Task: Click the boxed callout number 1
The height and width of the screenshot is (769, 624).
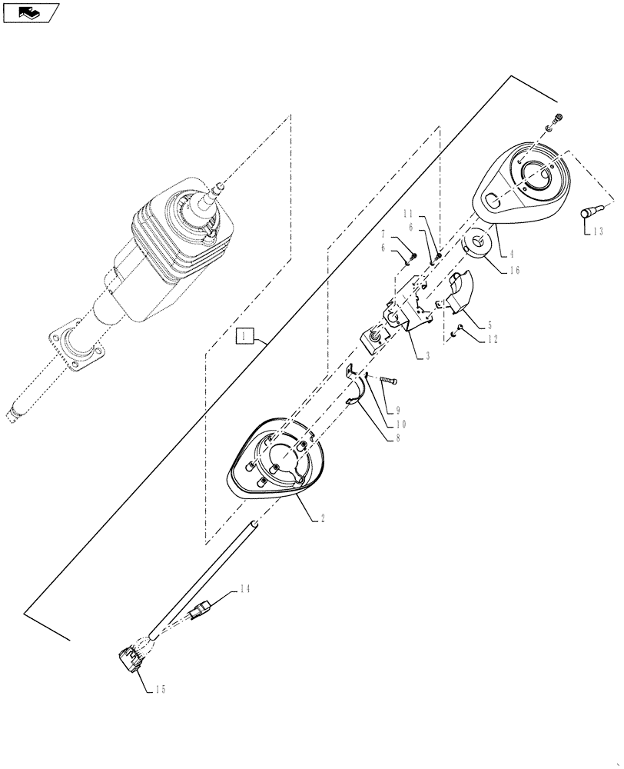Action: click(244, 335)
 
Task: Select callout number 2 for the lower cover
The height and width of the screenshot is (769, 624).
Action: click(322, 521)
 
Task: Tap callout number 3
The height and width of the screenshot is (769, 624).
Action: click(427, 355)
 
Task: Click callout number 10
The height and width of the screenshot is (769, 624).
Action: click(400, 424)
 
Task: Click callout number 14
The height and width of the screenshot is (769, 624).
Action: click(244, 590)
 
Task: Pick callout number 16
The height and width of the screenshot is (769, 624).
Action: click(514, 270)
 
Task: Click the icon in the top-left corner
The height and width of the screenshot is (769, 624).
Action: click(29, 12)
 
